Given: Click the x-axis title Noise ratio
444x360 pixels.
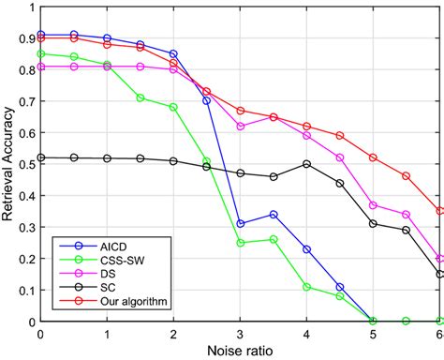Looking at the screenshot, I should point(240,350).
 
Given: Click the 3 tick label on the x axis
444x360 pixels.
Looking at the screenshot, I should point(240,334).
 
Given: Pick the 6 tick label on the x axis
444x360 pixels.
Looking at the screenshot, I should point(439,334).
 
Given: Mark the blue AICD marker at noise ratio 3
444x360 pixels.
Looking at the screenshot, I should point(240,223).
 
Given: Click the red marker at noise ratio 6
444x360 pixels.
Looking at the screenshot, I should point(439,211).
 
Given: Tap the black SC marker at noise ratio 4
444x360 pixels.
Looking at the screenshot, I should point(306,164).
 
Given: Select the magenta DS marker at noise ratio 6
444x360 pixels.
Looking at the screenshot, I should point(439,258).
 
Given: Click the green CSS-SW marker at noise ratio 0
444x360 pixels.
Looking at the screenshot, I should point(40,54).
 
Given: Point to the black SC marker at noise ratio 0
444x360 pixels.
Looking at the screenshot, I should point(40,157).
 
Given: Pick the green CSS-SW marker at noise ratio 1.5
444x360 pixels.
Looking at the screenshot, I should point(140,97).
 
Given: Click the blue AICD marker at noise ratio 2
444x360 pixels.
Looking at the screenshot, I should point(173,54).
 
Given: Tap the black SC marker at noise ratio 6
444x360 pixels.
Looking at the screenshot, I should point(439,274).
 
